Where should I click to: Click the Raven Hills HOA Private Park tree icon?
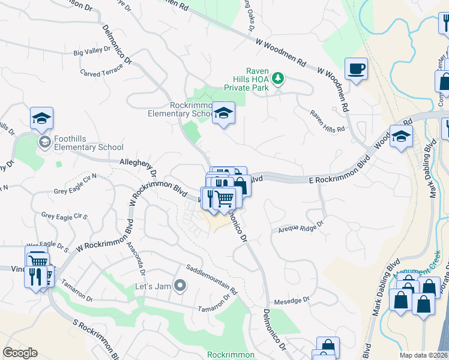click(x=277, y=78)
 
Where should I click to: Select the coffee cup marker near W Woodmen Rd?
click(x=357, y=68)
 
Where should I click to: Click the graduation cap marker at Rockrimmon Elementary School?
click(x=223, y=112)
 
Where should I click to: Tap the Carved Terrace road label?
click(x=101, y=70)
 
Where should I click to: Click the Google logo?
click(x=20, y=353)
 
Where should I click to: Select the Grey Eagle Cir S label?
click(x=64, y=215)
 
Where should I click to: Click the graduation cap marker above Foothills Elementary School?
click(x=42, y=118)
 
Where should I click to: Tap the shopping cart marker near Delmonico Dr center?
click(x=224, y=197)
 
